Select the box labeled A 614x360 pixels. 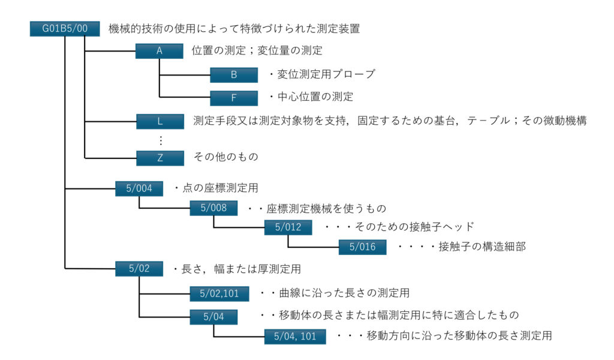click(x=159, y=51)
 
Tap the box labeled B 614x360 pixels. click(x=234, y=74)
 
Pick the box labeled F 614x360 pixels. click(x=234, y=97)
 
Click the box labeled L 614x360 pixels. click(x=160, y=121)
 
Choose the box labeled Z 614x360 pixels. click(x=160, y=158)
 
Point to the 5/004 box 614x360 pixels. click(x=139, y=188)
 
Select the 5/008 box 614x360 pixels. click(x=214, y=208)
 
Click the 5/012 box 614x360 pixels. click(x=288, y=227)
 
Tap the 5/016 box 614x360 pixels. click(x=363, y=247)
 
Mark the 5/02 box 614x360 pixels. click(x=139, y=269)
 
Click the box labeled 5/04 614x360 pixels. click(x=214, y=316)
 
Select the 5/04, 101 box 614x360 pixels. click(x=295, y=336)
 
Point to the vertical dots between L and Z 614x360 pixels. click(x=160, y=139)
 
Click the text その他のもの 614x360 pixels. click(x=226, y=157)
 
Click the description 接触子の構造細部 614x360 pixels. click(x=461, y=247)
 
